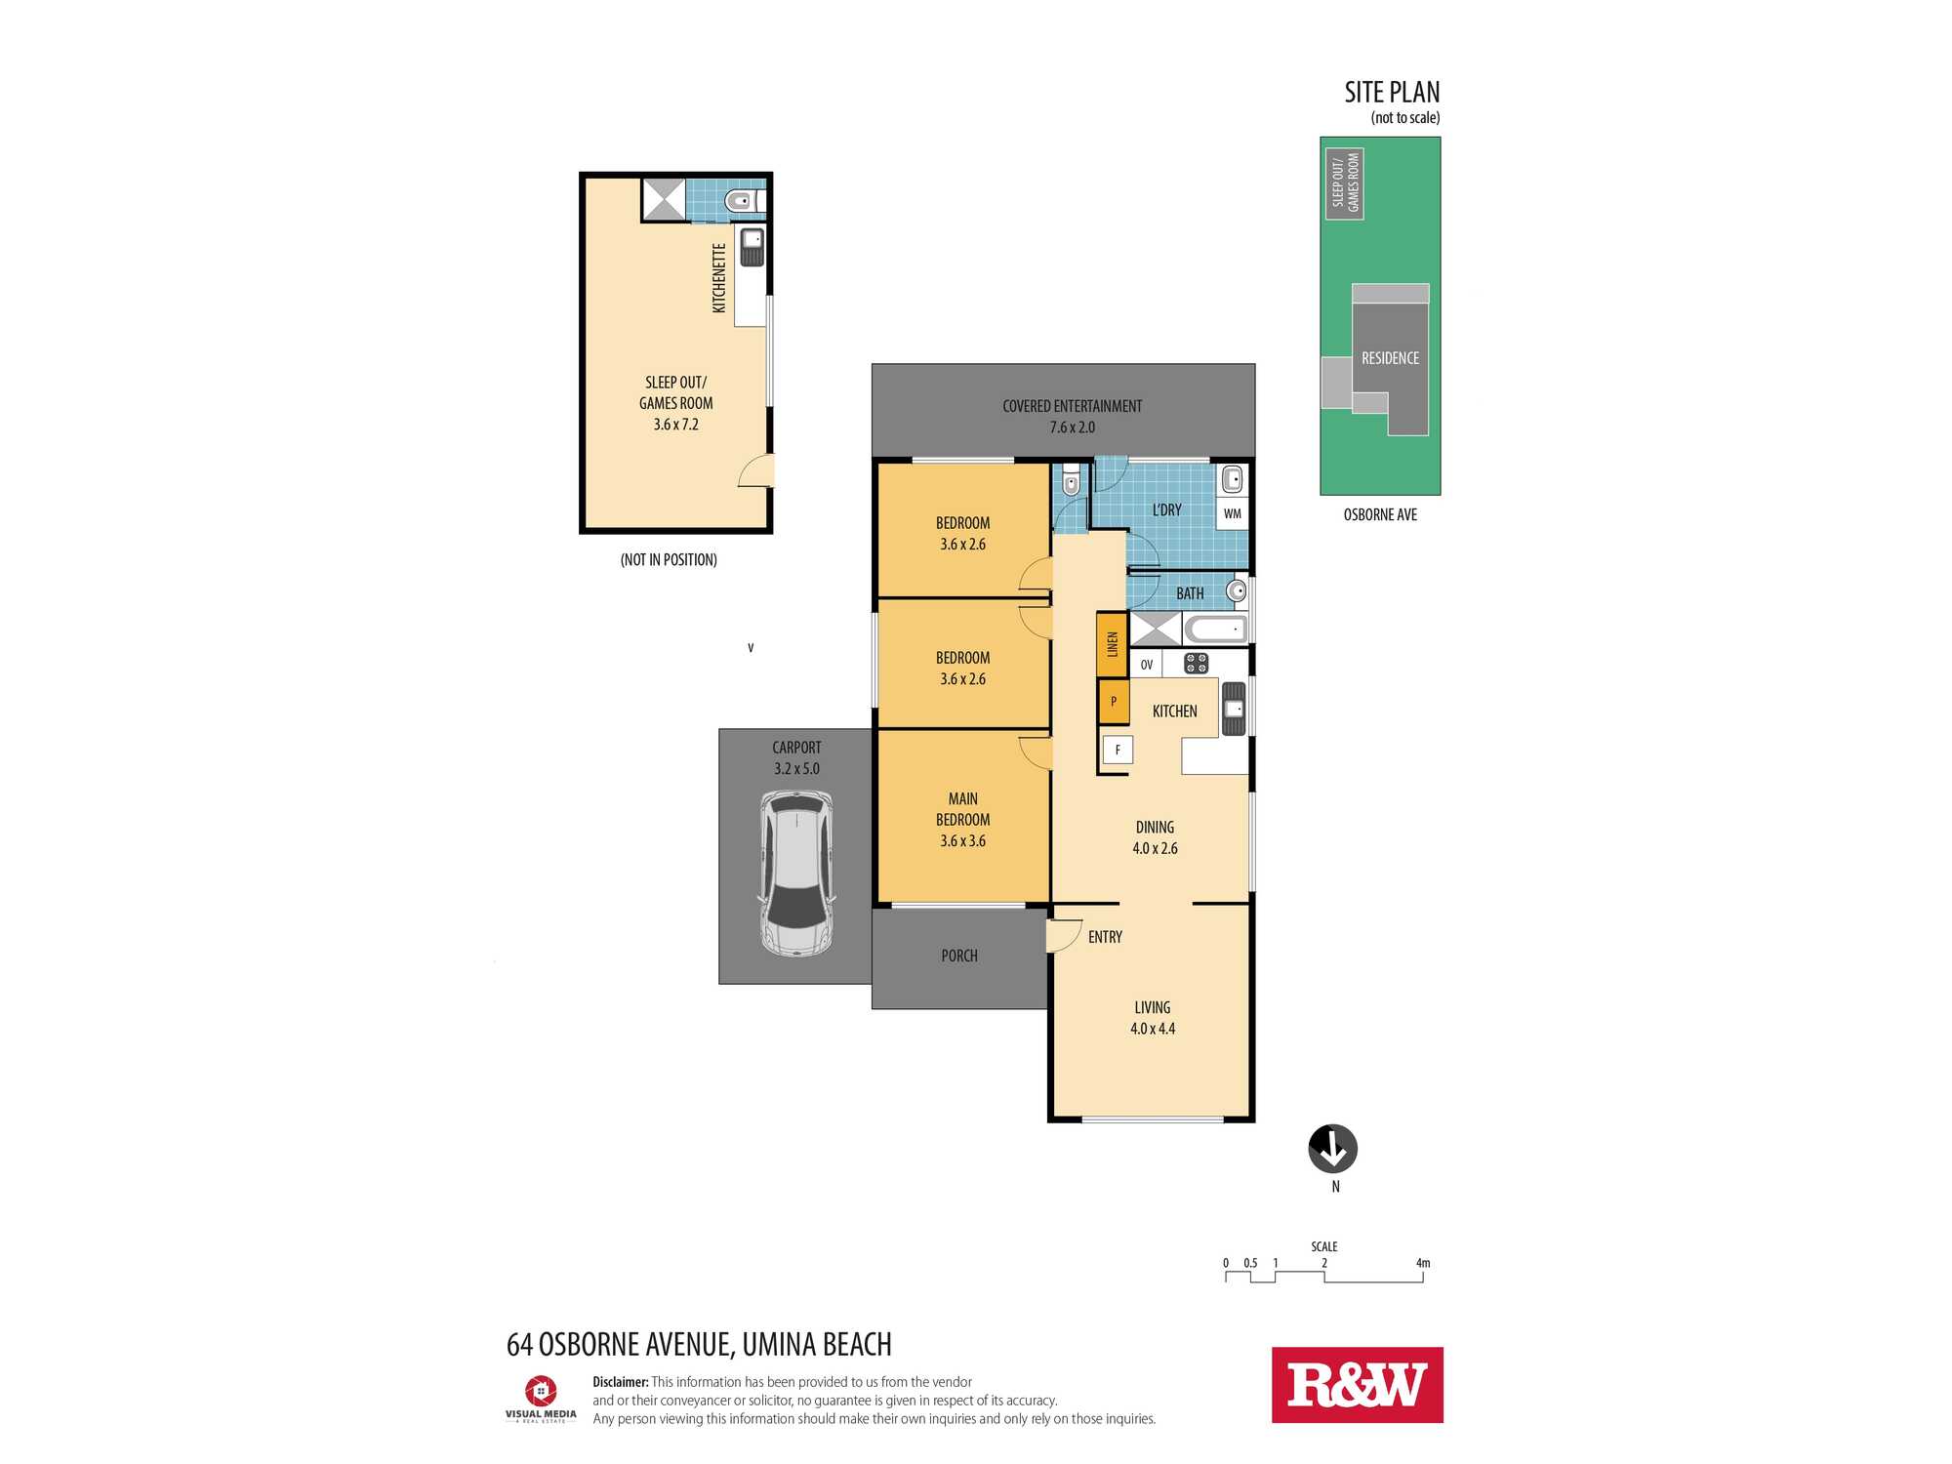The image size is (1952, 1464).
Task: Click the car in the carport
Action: (797, 874)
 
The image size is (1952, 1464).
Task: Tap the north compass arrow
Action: (1333, 1149)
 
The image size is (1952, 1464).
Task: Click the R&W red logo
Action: (1357, 1385)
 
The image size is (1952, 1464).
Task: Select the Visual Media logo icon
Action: (541, 1391)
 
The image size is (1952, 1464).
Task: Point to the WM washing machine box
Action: (1233, 513)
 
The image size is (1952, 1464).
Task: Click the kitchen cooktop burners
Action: (1197, 664)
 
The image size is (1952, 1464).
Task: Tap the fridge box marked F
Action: (1118, 750)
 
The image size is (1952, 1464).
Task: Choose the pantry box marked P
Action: (1114, 702)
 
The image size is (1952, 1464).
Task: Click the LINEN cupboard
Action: (1112, 644)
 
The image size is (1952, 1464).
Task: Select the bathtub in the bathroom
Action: (1216, 629)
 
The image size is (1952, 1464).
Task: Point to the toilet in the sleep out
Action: (744, 202)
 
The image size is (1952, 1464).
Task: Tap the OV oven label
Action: (1147, 665)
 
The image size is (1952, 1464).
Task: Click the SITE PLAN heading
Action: (1392, 92)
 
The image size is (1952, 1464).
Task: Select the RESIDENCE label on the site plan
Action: (1391, 358)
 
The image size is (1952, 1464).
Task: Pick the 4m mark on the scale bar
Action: (1423, 1263)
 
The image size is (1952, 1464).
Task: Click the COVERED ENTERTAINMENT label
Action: (1072, 406)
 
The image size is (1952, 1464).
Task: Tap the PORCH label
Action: (959, 956)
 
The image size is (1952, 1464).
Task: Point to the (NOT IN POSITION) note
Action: (669, 559)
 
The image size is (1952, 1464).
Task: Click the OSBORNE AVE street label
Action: (1380, 514)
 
